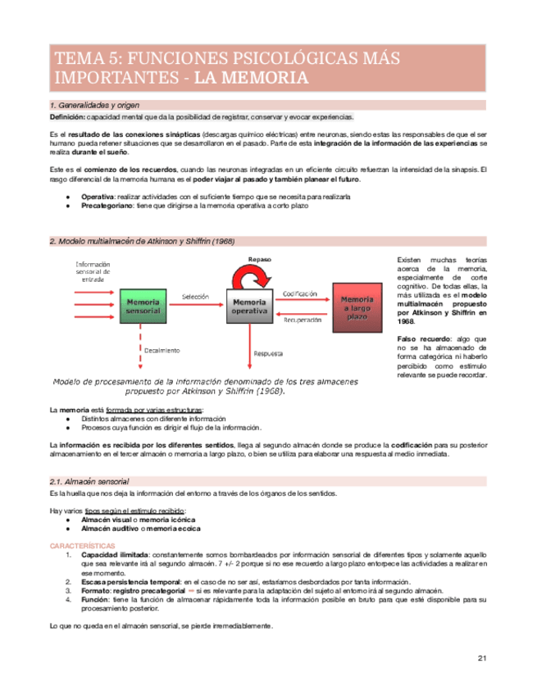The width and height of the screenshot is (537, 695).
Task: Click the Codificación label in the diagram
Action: pyautogui.click(x=302, y=293)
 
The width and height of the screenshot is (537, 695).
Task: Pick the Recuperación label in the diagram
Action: pyautogui.click(x=303, y=320)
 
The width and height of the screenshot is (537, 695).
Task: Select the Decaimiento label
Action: pyautogui.click(x=164, y=350)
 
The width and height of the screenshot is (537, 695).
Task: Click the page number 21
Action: pyautogui.click(x=483, y=659)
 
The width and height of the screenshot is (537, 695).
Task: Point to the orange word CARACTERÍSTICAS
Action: pyautogui.click(x=83, y=544)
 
